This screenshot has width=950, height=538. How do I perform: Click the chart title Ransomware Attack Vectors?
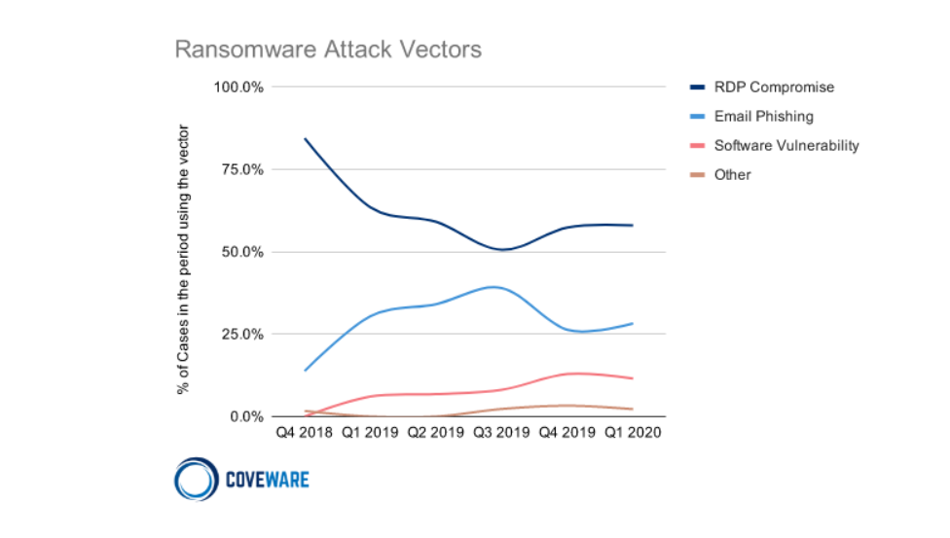(328, 50)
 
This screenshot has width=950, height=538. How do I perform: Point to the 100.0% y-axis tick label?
(238, 88)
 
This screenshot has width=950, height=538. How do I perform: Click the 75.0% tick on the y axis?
(242, 169)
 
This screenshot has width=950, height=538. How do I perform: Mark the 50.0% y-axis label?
(242, 252)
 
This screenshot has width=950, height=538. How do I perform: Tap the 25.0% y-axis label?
(242, 335)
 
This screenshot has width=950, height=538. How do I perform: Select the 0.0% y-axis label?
(246, 416)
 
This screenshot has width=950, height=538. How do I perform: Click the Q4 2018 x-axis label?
(304, 433)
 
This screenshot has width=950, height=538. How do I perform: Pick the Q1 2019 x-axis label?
(370, 433)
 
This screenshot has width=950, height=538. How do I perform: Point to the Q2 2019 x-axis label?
(436, 433)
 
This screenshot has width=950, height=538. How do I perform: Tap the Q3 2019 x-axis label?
(501, 433)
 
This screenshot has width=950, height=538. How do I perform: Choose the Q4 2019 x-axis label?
(567, 433)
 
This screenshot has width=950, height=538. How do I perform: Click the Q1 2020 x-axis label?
(633, 433)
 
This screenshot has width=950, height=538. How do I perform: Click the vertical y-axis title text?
(183, 260)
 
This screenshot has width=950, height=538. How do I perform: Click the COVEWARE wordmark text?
(267, 480)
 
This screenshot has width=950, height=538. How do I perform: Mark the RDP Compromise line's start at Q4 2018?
(305, 139)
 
